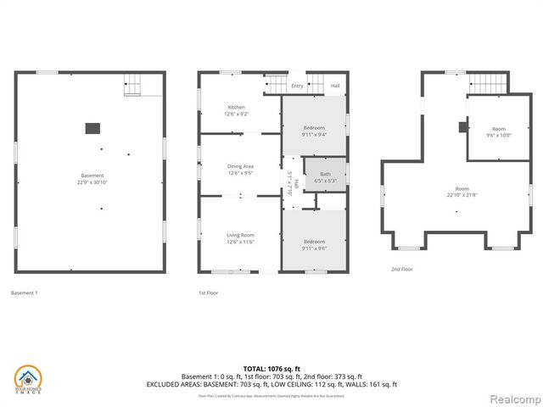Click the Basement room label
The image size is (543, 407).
[x=92, y=176]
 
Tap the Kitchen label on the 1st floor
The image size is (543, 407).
[x=236, y=108]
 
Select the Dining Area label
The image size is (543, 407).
[x=240, y=167]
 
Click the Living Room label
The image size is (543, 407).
[x=240, y=235]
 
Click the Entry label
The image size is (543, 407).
[x=297, y=86]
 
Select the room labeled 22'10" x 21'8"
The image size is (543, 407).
[x=462, y=192]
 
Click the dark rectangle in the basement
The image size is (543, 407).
[x=92, y=128]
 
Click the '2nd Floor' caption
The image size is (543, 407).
[x=401, y=269]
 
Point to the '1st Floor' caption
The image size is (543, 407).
[x=208, y=293]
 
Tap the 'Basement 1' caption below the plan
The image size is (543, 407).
[x=25, y=293]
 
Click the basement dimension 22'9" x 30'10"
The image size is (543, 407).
[x=92, y=182]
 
